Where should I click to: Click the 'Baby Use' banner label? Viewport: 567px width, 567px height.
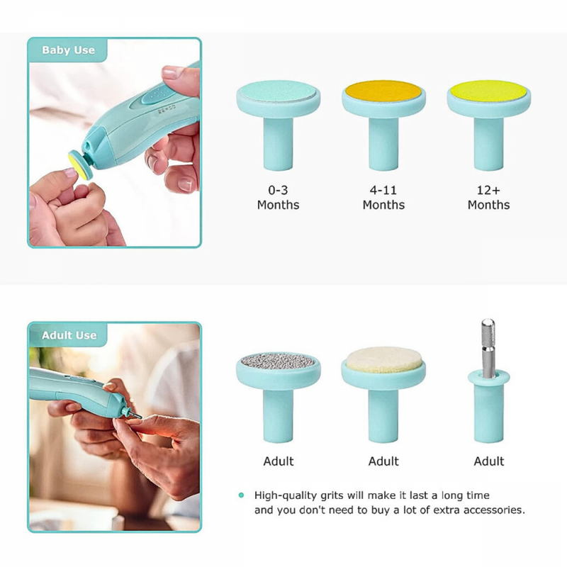pyautogui.click(x=68, y=50)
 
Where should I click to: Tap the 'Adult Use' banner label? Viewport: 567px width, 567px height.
pyautogui.click(x=69, y=335)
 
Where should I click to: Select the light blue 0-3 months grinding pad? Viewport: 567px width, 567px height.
pyautogui.click(x=278, y=91)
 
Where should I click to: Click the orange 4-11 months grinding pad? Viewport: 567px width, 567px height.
pyautogui.click(x=383, y=91)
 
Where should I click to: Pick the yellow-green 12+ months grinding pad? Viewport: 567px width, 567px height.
pyautogui.click(x=488, y=91)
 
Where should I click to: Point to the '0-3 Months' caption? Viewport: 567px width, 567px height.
pyautogui.click(x=278, y=198)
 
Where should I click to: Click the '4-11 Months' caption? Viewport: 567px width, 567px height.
pyautogui.click(x=383, y=198)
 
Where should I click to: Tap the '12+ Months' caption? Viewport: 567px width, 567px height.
pyautogui.click(x=488, y=198)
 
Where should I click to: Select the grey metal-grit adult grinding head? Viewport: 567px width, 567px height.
pyautogui.click(x=278, y=360)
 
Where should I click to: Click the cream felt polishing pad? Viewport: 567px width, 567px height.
pyautogui.click(x=383, y=362)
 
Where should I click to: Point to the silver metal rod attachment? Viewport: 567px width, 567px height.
pyautogui.click(x=488, y=347)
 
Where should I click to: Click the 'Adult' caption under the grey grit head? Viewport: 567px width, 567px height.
pyautogui.click(x=278, y=461)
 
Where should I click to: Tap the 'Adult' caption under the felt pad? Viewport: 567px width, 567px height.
pyautogui.click(x=383, y=461)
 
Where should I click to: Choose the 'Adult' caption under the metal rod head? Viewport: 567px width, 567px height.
pyautogui.click(x=488, y=461)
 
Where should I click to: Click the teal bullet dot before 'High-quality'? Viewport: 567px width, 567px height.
pyautogui.click(x=242, y=495)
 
